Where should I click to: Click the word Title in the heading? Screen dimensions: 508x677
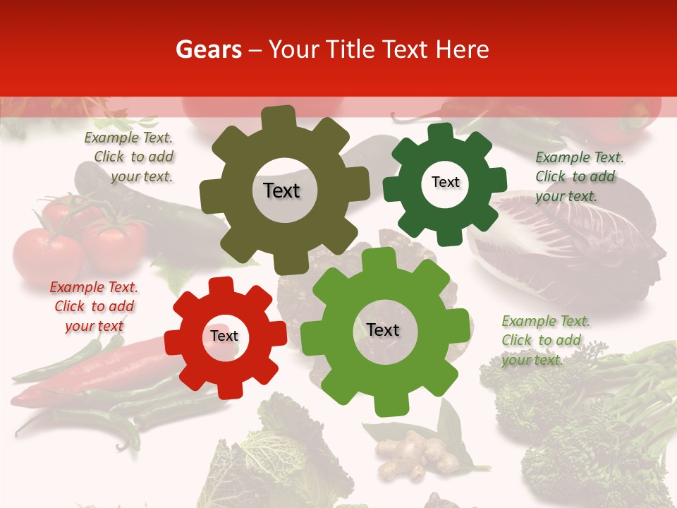[350, 49]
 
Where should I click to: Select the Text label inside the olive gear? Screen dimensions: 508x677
[281, 190]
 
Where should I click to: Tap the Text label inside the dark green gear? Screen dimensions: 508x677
[445, 182]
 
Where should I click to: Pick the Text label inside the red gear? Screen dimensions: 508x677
[224, 336]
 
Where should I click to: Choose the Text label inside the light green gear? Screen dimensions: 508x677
[383, 329]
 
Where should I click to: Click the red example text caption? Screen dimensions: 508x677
[94, 306]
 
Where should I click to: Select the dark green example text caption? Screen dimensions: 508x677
[578, 176]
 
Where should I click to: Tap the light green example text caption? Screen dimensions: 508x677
[544, 340]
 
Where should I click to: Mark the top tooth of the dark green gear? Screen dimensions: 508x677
[441, 132]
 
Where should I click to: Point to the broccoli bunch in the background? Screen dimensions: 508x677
[585, 416]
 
